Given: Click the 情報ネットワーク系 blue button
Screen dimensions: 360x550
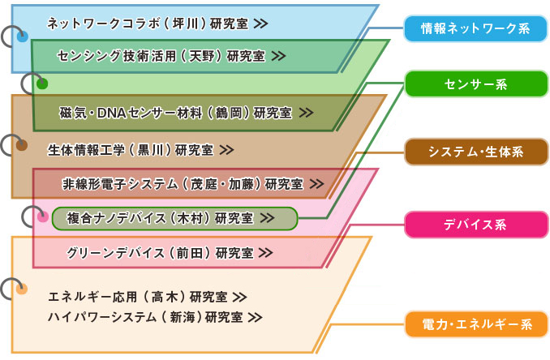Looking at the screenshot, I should tap(475, 29).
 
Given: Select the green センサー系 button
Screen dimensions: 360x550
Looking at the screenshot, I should tap(475, 84).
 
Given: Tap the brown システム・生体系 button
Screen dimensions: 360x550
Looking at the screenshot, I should tap(475, 152).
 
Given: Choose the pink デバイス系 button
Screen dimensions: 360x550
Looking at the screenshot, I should tap(475, 225).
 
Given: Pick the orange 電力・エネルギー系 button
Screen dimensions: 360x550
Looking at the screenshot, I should tap(475, 325).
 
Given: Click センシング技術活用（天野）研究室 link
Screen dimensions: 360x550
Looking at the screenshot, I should tap(171, 56).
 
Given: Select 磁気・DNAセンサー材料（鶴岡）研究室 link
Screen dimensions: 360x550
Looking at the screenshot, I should tap(186, 113).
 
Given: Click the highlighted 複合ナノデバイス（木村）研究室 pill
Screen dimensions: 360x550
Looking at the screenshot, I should tap(174, 218).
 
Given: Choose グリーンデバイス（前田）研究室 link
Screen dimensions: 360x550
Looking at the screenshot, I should tap(170, 252).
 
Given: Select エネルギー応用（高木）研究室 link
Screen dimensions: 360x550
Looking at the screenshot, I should tap(147, 296).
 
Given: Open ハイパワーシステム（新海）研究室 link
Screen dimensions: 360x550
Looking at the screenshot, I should tap(154, 316).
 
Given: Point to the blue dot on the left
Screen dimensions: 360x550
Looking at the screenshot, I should tap(22, 36).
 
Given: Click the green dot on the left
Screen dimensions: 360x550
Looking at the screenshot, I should tap(42, 84).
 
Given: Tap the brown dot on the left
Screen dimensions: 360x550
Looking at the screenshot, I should tap(22, 146).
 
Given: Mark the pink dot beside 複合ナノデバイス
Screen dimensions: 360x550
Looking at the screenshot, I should tap(42, 216).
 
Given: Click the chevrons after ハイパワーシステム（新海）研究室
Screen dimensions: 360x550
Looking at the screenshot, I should tap(255, 316).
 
